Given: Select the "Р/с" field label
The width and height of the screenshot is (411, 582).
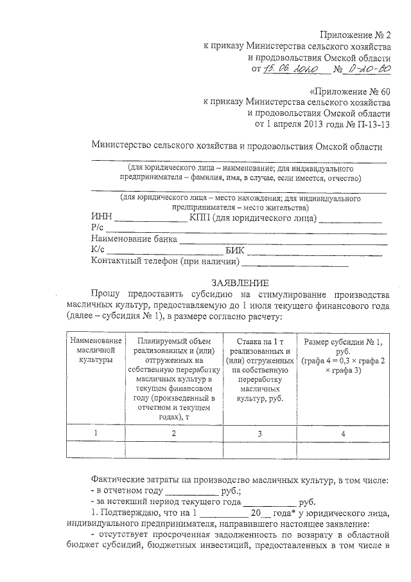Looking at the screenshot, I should click(98, 230).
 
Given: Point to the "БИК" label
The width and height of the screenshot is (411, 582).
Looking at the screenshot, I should click(236, 251).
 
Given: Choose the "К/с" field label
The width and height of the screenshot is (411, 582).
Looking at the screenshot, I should click(98, 251).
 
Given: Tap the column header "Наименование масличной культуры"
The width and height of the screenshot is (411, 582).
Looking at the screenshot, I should click(96, 350).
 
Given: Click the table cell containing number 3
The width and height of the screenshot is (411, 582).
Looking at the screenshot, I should click(259, 433).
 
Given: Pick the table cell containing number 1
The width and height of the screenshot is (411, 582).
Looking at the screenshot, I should click(96, 433).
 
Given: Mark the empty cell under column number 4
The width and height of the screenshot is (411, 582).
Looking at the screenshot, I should click(343, 450).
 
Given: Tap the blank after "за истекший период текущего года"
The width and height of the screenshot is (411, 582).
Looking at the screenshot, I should click(270, 502).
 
